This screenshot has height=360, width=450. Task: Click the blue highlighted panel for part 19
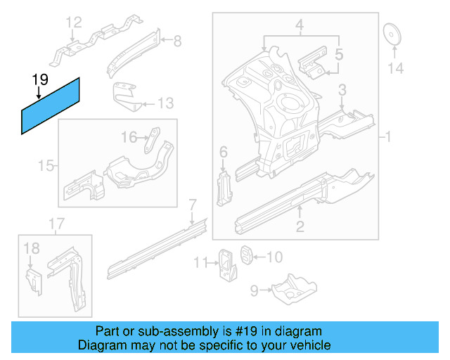51,105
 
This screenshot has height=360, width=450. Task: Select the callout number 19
39,79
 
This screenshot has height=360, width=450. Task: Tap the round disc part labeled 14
392,35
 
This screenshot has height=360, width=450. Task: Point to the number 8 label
177,41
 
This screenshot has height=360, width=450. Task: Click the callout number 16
130,136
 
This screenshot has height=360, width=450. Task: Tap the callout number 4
300,27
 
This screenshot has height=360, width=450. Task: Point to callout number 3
342,89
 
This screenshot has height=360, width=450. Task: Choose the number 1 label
387,136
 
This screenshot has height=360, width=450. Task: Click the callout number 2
300,226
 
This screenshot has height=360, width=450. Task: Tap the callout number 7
192,205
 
